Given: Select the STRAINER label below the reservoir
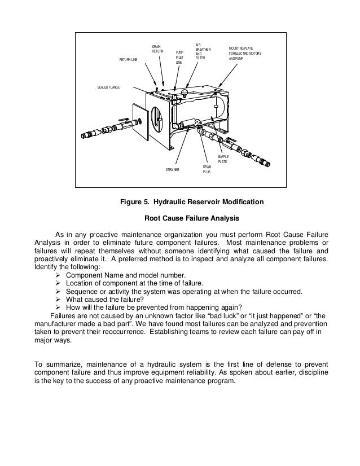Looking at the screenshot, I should pos(173,169).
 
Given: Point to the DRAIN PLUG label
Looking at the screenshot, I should pos(207,169).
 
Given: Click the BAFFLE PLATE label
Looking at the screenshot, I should pos(223,159).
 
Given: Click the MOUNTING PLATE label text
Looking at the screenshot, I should pos(244,54).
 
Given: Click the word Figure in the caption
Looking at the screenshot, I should pos(131,202).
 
